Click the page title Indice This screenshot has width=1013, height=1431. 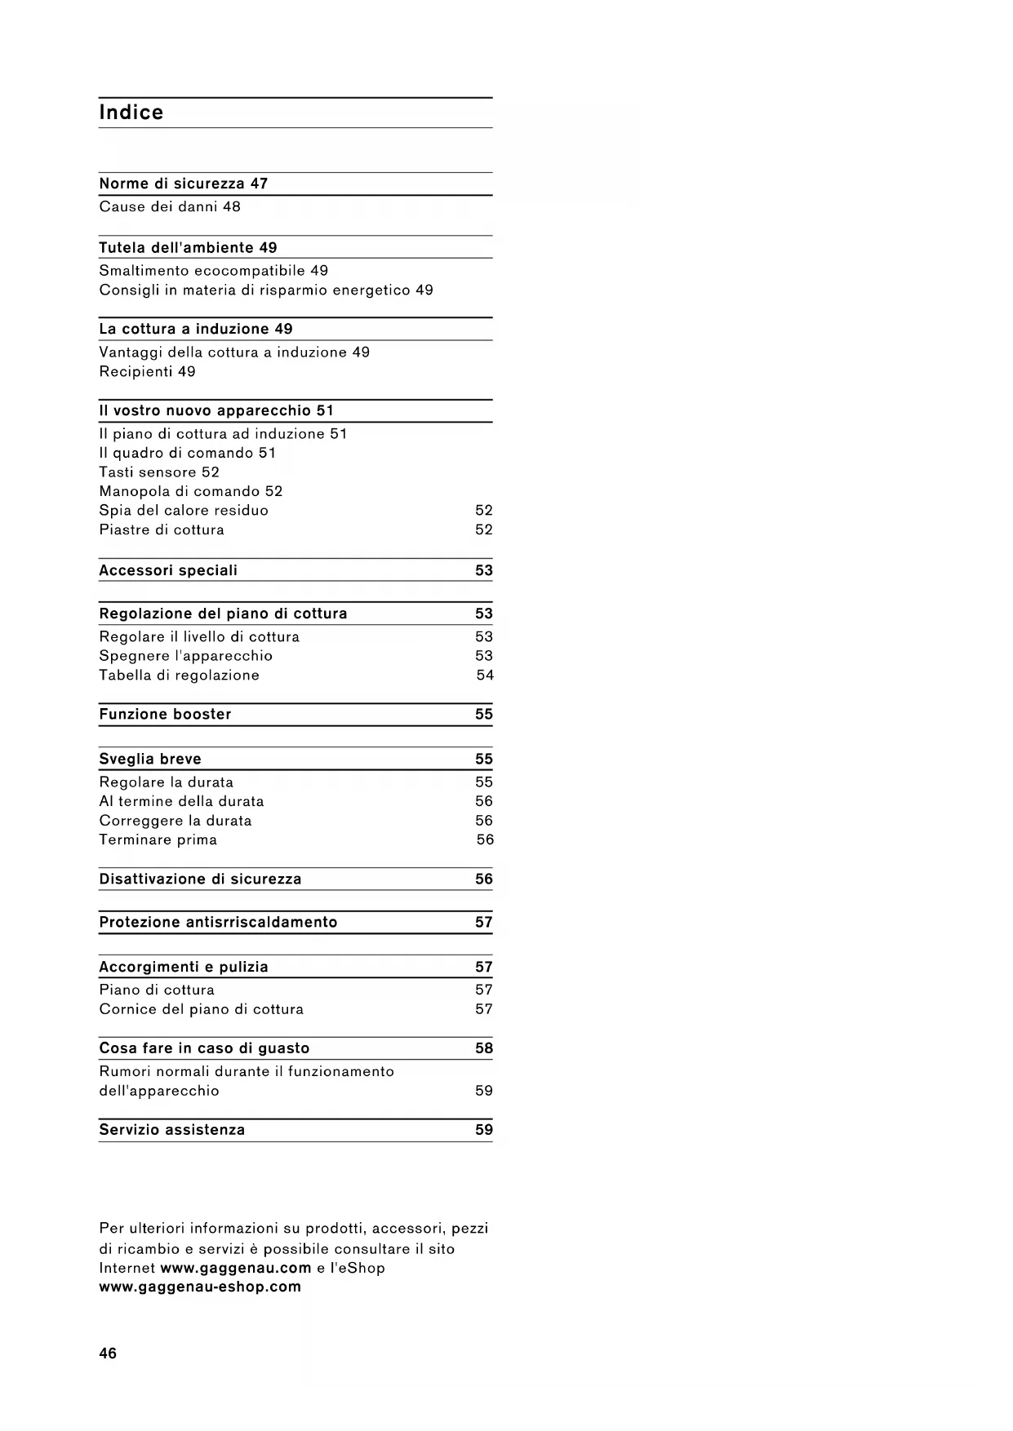[x=131, y=113]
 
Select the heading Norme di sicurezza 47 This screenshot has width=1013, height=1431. [x=183, y=184]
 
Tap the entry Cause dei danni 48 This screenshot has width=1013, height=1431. [x=170, y=206]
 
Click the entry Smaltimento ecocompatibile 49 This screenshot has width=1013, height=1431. [x=213, y=270]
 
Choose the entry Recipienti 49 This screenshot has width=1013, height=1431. [x=147, y=371]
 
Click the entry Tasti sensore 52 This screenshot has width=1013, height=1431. [x=159, y=472]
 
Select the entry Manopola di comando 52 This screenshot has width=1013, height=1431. [x=190, y=491]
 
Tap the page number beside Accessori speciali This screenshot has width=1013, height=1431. [x=484, y=570]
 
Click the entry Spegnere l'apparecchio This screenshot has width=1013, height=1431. [x=185, y=656]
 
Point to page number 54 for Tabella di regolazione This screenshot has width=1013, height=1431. [x=485, y=675]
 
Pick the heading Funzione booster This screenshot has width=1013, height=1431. [x=165, y=714]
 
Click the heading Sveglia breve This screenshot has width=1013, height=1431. [x=150, y=759]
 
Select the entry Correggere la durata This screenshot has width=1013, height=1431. [x=175, y=821]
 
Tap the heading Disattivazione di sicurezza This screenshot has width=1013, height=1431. [x=200, y=879]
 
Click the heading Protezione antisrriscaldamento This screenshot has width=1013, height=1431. [x=218, y=922]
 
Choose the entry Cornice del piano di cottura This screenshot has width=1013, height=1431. [x=201, y=1009]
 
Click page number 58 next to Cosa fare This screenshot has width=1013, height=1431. [x=484, y=1048]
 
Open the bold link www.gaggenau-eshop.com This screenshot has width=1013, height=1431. [x=200, y=1287]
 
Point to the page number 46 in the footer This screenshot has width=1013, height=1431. [x=108, y=1353]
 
